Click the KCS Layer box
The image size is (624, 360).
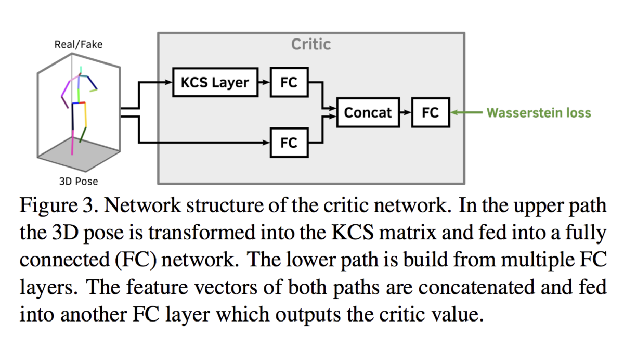coord(215,82)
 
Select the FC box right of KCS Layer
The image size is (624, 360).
coord(289,82)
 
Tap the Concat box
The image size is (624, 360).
coord(368,112)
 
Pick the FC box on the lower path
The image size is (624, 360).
coord(289,143)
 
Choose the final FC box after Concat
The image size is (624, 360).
coord(431,112)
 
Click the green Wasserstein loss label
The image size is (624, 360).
coord(539,113)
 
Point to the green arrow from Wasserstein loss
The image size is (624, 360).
coord(466,112)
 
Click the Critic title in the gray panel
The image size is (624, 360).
coord(311,44)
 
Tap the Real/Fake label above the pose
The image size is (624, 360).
coord(79,45)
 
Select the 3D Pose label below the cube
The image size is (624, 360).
coord(79,182)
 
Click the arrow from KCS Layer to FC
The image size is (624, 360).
coord(264,82)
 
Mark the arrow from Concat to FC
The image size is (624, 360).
coord(406,112)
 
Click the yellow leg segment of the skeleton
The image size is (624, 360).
coord(85,115)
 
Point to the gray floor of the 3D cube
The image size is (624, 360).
coord(79,154)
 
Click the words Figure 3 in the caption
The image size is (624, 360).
coord(59,205)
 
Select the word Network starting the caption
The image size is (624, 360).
coord(142,205)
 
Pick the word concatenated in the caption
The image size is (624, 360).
coord(476,288)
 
